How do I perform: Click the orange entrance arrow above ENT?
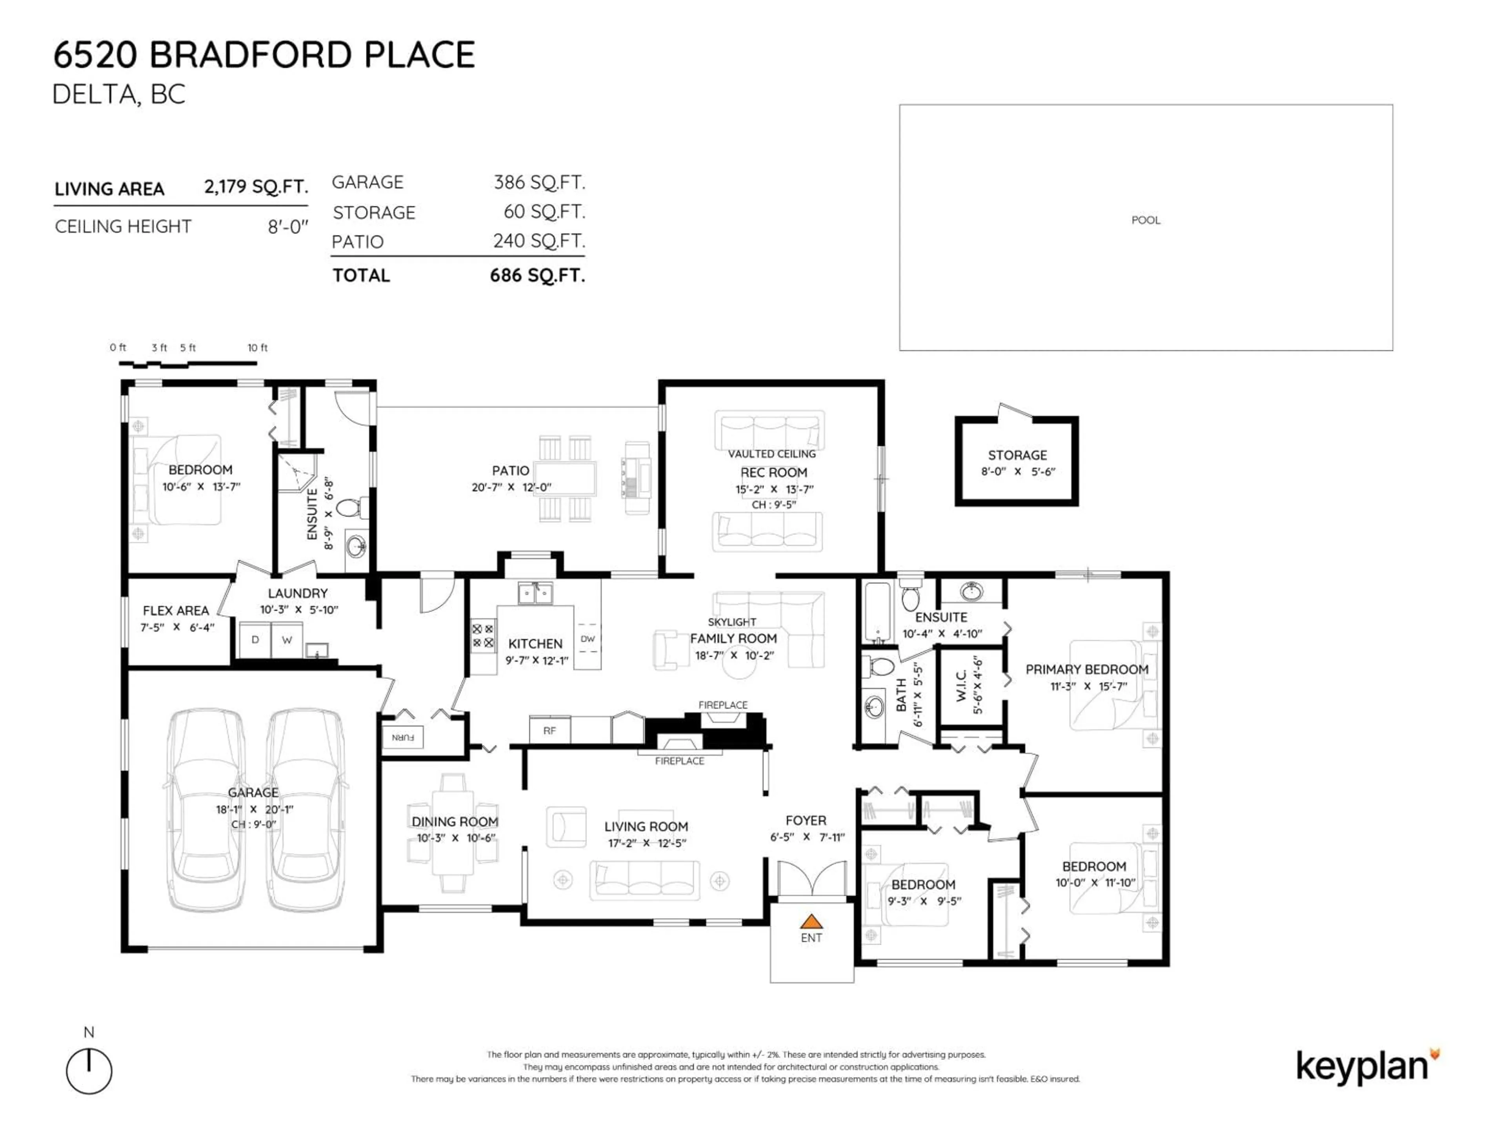coord(811,922)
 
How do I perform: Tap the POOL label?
coord(1146,220)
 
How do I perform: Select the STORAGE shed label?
coord(1017,455)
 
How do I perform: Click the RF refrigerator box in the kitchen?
coord(549,730)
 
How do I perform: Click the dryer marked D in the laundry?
coord(255,640)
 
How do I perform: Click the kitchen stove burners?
coord(483,635)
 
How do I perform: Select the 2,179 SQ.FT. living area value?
coord(256,187)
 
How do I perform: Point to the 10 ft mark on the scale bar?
coord(257,348)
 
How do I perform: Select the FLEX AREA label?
coord(176,610)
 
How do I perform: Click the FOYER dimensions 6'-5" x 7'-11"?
coord(807,837)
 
